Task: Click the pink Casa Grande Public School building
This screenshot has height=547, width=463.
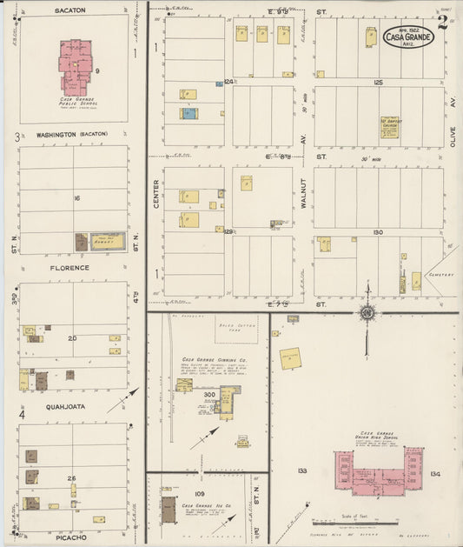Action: click(76, 65)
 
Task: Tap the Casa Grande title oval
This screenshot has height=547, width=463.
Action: click(408, 37)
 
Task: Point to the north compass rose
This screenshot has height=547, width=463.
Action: click(368, 311)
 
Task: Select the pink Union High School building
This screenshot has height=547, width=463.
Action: click(380, 471)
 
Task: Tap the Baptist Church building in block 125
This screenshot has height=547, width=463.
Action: click(389, 127)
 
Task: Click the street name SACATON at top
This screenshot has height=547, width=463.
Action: click(69, 10)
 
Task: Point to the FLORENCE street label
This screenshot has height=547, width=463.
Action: click(72, 268)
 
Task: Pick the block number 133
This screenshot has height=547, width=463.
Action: click(302, 470)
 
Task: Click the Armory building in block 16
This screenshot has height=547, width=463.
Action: click(108, 241)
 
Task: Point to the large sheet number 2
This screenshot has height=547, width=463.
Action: click(443, 22)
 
